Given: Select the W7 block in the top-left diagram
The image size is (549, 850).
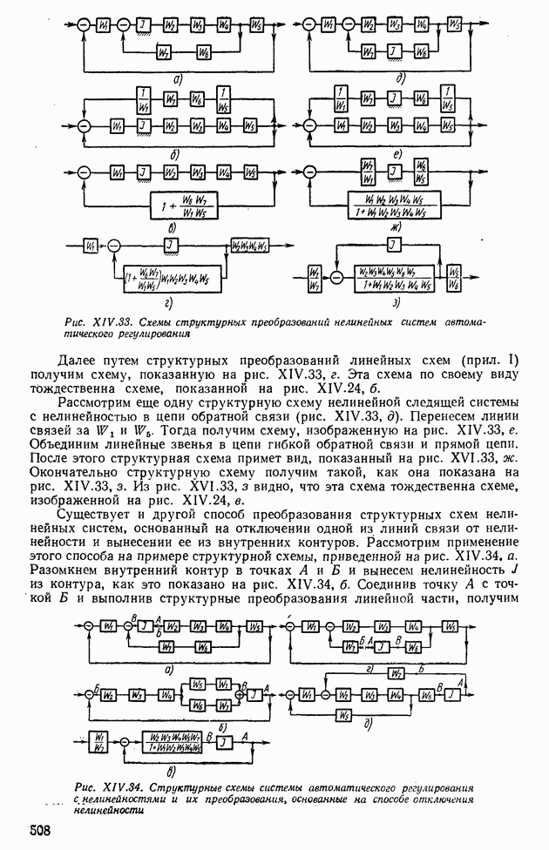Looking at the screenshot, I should click(163, 53).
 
